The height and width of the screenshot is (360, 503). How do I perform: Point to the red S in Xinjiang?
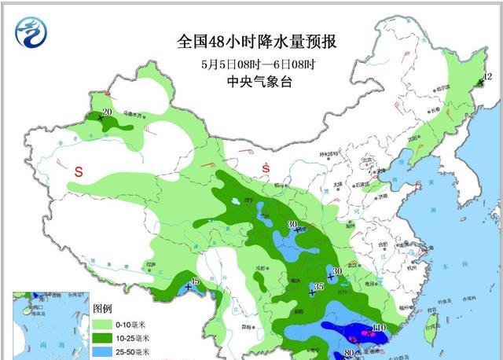[79, 171]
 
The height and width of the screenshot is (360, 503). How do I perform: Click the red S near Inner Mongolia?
[266, 168]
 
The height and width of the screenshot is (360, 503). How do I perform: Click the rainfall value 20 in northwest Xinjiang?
[107, 113]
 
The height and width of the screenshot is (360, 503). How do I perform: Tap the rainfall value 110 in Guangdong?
[380, 327]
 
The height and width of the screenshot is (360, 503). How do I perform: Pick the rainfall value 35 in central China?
[318, 286]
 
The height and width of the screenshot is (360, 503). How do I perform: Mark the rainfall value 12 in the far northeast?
[487, 77]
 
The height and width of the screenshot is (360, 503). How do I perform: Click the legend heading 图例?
[104, 307]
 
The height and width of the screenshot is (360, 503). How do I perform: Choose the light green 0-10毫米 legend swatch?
[101, 322]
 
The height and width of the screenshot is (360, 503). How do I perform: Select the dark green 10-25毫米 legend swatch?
[101, 337]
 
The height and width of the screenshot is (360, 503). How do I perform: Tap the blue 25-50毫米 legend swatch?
[101, 352]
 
